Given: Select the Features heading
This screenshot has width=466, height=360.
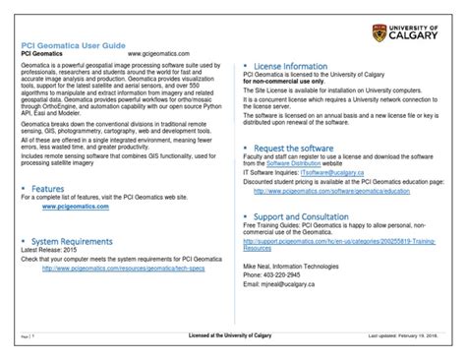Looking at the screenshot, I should pyautogui.click(x=49, y=188).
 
